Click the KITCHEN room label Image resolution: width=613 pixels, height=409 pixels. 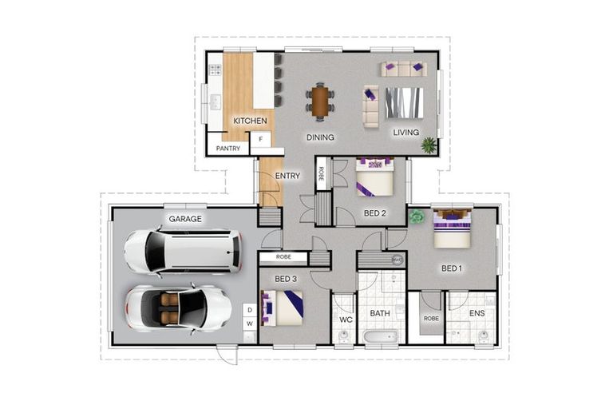coord(250,121)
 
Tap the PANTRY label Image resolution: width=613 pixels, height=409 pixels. coord(227,148)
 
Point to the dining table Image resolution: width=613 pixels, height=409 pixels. coord(320,101)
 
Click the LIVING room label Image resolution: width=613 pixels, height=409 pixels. coord(405,133)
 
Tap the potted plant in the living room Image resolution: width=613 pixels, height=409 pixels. coord(429,145)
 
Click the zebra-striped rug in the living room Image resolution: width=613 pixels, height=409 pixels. coord(404,102)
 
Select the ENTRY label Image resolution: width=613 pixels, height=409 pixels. coord(287,176)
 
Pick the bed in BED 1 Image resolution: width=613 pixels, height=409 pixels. coord(453,228)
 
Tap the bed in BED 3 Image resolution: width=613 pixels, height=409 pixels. coord(283,307)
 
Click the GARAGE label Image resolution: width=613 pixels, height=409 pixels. coord(184,218)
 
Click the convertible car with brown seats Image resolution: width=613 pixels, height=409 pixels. coord(178,308)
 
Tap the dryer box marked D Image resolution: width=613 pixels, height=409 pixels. coord(250,309)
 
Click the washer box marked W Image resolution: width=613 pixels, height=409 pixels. coord(250,324)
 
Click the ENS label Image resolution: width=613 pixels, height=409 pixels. coord(477,313)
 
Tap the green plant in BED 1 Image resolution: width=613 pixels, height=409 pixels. coord(416,215)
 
